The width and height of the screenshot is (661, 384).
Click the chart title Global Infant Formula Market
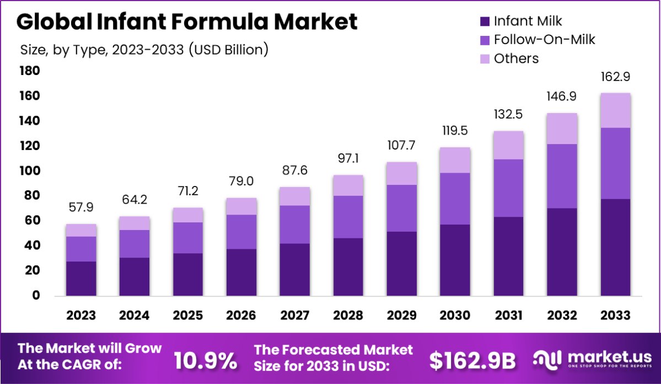pos(187,22)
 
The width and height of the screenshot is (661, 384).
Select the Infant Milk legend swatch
pos(485,22)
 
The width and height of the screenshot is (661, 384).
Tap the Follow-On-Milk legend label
pos(545,40)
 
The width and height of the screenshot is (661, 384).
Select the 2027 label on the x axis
pos(294,316)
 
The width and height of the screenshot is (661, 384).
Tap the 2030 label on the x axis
pos(455,316)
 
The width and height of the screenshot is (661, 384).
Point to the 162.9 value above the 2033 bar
pos(615,77)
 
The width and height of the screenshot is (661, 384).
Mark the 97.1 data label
pos(348,159)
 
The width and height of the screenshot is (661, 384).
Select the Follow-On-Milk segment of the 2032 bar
pos(562,176)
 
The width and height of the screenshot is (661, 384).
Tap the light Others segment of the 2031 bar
pos(508,145)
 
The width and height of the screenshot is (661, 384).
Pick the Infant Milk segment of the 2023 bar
pos(81,279)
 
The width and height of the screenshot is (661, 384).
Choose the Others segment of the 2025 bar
pos(188,215)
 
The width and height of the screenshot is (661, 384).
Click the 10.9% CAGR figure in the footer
pos(206,361)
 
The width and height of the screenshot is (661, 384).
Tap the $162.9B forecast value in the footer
pos(472,361)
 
